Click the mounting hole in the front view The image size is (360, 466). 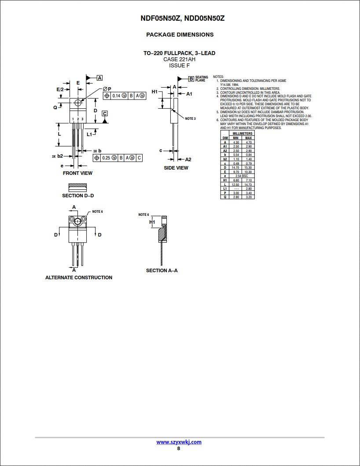(78, 103)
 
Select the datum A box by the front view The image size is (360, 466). (99, 78)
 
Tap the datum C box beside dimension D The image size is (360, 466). (105, 113)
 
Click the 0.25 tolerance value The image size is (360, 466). (106, 158)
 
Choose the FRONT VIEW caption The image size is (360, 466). (77, 173)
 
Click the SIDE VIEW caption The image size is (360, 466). (176, 168)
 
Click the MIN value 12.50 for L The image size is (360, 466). (236, 184)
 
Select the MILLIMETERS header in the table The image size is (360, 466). (242, 133)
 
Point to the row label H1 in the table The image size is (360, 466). (225, 180)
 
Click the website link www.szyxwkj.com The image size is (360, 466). (179, 442)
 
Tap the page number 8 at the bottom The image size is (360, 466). (179, 448)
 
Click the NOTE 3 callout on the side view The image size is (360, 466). (190, 118)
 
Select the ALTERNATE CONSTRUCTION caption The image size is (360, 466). (79, 277)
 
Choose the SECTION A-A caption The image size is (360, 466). (162, 270)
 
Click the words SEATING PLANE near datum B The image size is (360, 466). (202, 79)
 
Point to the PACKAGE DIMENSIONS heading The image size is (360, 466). (180, 34)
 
